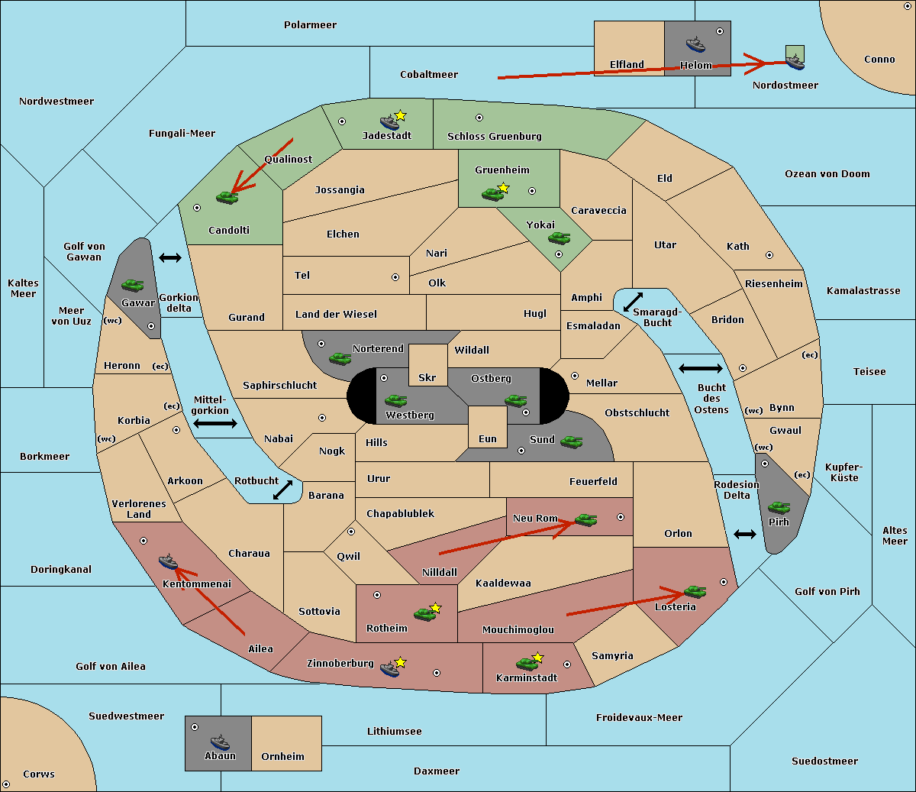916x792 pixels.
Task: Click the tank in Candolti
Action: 227,197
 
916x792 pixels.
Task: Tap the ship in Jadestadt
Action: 389,122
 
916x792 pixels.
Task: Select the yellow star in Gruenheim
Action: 503,188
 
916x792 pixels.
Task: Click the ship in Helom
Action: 695,44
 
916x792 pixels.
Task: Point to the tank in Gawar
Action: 133,285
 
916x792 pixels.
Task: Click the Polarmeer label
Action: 310,25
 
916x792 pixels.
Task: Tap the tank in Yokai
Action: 560,238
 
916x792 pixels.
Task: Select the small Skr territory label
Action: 427,377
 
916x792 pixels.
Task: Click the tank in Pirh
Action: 779,507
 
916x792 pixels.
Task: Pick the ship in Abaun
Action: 220,742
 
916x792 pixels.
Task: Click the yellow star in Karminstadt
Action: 537,657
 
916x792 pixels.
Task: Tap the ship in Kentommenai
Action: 169,561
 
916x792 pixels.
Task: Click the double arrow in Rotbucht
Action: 283,490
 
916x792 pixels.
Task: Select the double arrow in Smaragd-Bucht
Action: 633,302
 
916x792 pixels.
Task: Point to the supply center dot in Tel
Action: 395,277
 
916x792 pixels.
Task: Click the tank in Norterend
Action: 340,359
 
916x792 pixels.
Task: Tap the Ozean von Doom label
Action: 827,174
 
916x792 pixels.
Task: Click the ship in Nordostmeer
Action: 796,62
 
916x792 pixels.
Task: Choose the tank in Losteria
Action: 695,591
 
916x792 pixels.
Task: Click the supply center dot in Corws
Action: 6,784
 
